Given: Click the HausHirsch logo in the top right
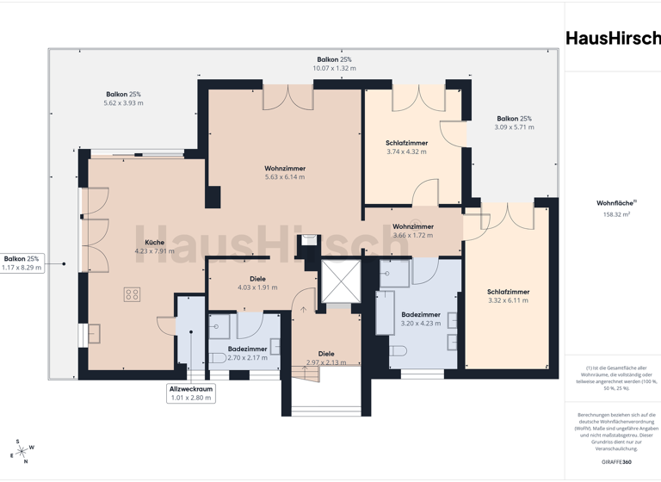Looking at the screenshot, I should pos(613,38).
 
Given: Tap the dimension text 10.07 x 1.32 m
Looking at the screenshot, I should pos(334,68).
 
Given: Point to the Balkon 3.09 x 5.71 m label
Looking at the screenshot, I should pos(514,123).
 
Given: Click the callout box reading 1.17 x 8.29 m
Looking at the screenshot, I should pos(22,263).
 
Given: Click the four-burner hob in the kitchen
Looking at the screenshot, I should pos(133,294).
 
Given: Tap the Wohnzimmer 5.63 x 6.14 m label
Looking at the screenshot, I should pos(285,172).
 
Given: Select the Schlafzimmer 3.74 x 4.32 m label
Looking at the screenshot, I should pos(407,146).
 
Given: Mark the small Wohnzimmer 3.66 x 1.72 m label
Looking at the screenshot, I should pos(412,231).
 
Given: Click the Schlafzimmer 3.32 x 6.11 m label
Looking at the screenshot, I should pos(508,296).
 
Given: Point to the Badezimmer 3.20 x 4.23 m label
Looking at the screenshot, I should pos(421,319).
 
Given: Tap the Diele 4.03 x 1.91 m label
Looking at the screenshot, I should pos(257,283).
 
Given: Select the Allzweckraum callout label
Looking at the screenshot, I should pos(191,393).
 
